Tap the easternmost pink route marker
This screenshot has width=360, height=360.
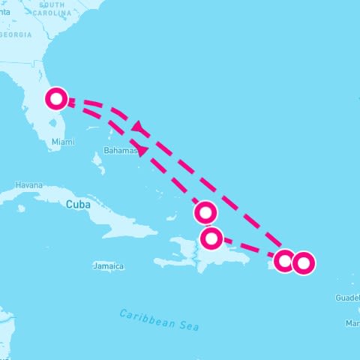[x=302, y=263]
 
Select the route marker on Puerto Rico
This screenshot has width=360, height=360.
[x=284, y=261]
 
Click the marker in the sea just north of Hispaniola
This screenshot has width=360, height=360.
[x=205, y=213]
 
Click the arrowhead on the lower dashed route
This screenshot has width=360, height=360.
[x=142, y=151]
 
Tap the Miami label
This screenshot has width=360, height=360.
[x=63, y=142]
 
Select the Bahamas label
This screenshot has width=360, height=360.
[x=121, y=151]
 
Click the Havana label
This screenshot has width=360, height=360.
[x=29, y=185]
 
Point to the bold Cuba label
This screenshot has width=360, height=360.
[x=79, y=204]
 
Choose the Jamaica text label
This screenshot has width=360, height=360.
[x=109, y=266]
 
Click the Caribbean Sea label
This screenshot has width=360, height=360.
[x=160, y=320]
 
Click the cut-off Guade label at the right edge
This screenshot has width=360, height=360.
[x=347, y=298]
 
